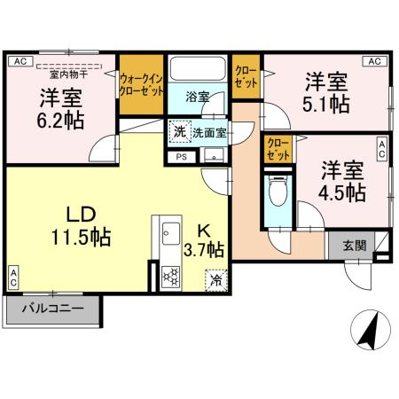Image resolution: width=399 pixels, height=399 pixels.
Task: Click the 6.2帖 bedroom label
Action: click(x=61, y=107)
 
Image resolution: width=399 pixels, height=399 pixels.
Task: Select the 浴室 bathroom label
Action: click(x=197, y=97)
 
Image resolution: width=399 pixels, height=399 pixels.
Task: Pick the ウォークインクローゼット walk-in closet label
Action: click(x=141, y=84)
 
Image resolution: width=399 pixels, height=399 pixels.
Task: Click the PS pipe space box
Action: click(x=181, y=158)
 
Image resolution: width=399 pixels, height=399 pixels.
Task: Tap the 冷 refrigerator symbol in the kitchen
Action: click(x=215, y=278)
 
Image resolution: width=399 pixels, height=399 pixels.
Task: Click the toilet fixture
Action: click(x=276, y=192)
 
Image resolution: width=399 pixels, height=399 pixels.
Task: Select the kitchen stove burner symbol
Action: click(x=168, y=275)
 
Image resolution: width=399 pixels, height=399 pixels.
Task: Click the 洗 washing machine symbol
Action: click(x=180, y=131)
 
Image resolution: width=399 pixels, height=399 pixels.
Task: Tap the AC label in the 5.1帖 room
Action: click(x=374, y=61)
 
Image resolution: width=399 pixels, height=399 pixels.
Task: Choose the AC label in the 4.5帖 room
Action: click(x=382, y=148)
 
